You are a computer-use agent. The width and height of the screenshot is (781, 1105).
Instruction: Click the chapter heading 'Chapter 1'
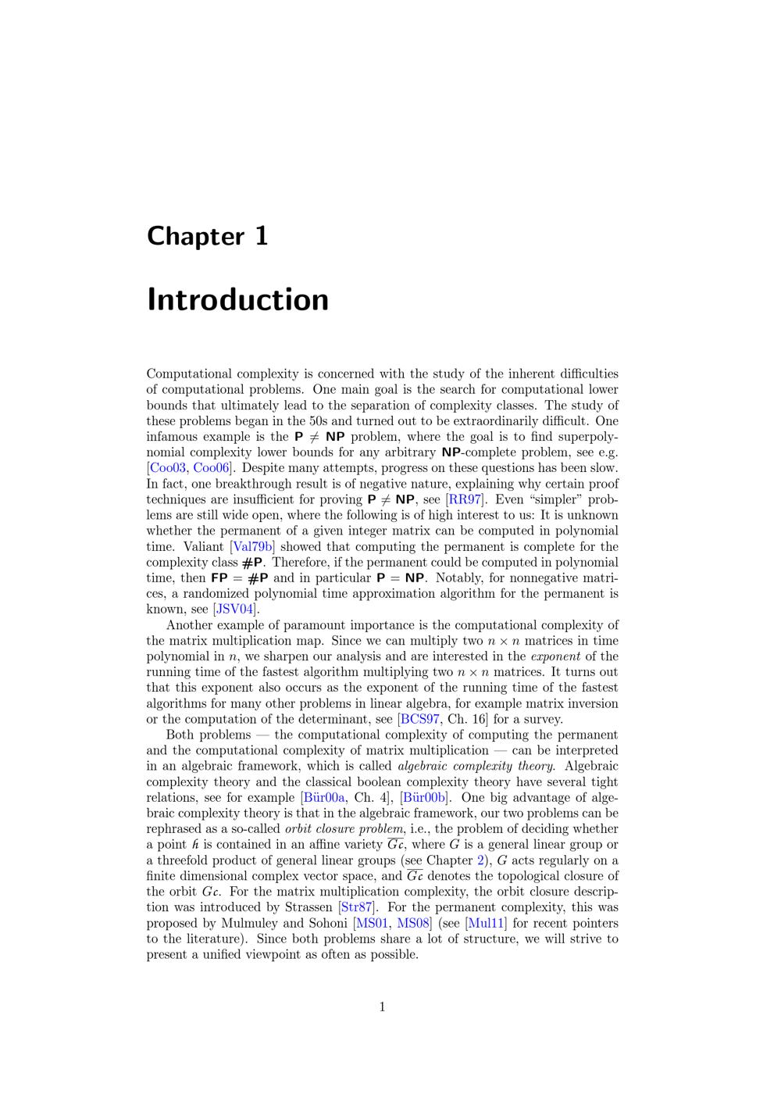click(207, 236)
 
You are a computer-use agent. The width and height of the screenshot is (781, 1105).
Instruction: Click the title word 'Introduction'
click(237, 300)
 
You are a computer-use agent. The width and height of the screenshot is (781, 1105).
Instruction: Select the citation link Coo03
click(168, 468)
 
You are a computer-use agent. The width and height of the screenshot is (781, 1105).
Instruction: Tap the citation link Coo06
click(212, 468)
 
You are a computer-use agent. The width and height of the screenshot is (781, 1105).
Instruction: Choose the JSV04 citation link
click(236, 610)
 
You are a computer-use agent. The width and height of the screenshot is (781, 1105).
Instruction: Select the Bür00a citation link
click(325, 798)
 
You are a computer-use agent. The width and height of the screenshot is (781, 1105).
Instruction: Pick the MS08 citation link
click(413, 923)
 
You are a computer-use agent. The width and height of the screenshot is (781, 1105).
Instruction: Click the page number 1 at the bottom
click(382, 1007)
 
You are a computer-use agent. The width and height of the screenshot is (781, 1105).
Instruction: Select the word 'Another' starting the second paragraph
click(189, 625)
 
